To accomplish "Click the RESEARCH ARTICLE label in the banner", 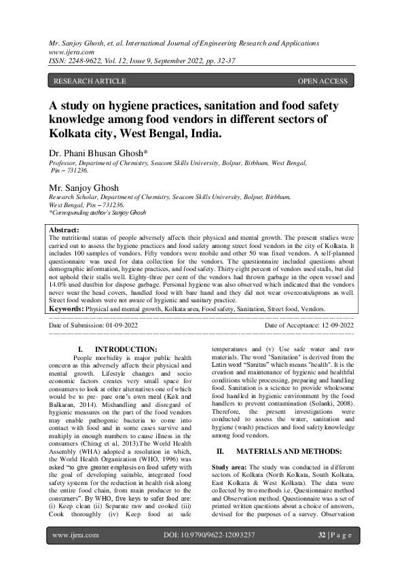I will [89, 82].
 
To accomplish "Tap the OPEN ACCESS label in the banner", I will [323, 82].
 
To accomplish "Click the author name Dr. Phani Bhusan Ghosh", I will [98, 154].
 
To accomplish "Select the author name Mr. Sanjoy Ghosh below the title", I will [84, 187].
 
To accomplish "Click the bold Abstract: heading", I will [65, 231].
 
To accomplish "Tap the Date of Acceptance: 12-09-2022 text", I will [309, 326].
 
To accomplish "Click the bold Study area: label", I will [229, 468].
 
